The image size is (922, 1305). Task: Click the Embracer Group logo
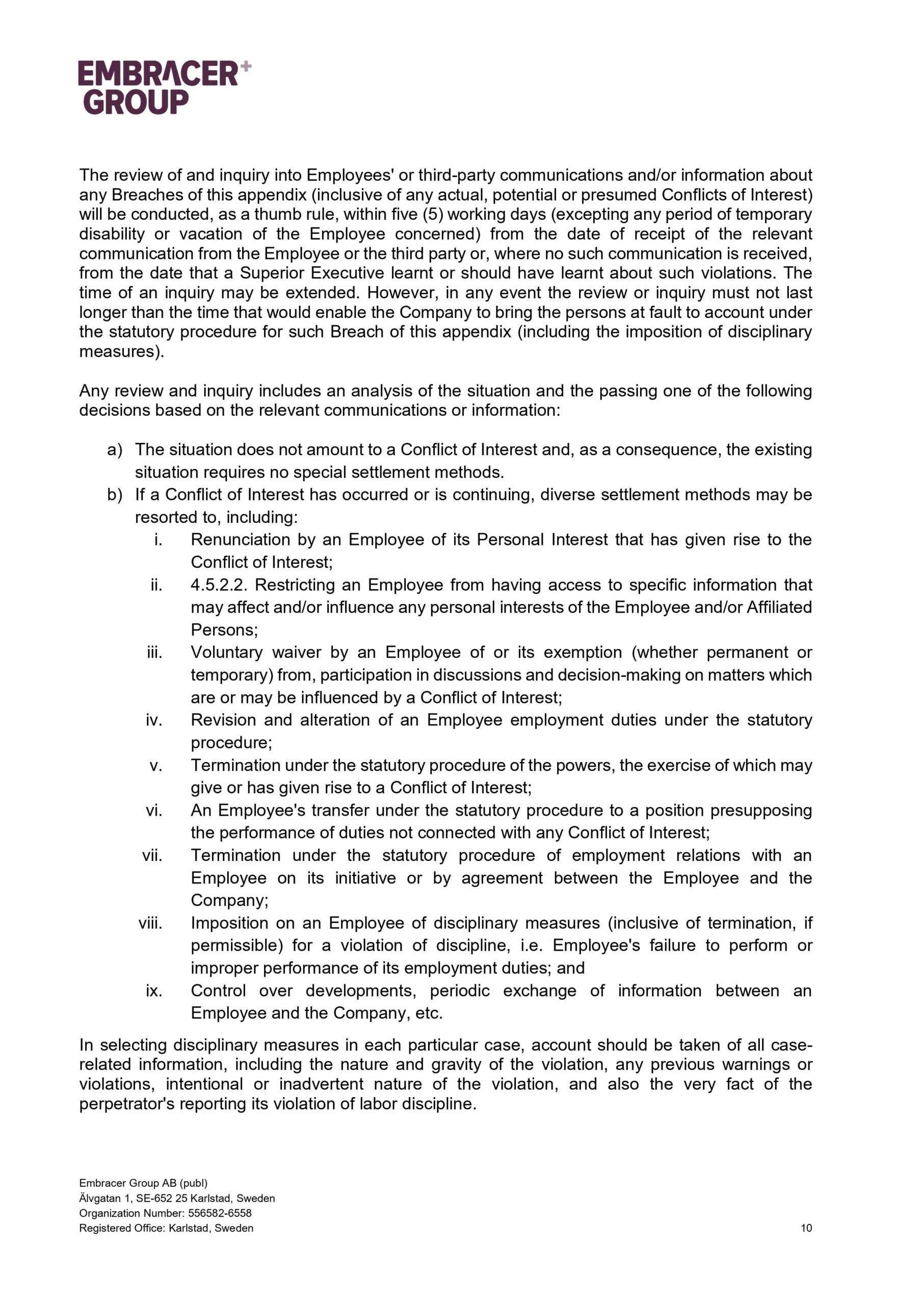click(164, 87)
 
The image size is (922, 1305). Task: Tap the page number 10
click(806, 1228)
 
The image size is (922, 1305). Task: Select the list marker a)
click(114, 450)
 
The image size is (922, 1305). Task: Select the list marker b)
click(114, 494)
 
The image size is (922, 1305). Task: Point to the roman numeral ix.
click(154, 990)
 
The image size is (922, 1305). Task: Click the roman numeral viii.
click(151, 923)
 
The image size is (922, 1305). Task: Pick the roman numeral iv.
click(154, 720)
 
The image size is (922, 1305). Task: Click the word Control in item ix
click(218, 990)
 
